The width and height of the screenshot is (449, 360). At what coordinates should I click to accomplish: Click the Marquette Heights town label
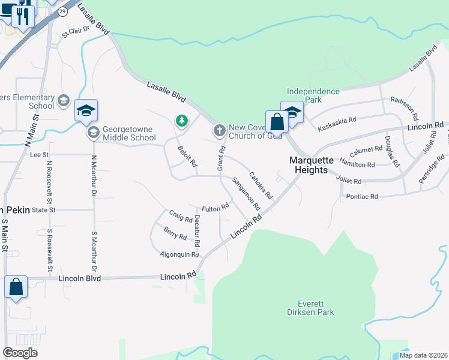[x=309, y=165]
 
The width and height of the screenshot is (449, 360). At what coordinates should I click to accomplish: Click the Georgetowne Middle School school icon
[x=93, y=132]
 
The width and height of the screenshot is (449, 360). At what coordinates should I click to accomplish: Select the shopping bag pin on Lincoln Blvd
[x=16, y=287]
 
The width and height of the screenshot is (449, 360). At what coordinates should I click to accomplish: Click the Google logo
[x=20, y=353]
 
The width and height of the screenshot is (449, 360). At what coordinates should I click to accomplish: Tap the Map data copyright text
[x=423, y=355]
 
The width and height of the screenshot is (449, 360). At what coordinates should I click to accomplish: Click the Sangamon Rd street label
[x=246, y=193]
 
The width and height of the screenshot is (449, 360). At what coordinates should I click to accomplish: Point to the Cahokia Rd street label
[x=261, y=185]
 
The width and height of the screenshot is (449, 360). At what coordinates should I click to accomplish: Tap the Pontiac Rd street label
[x=362, y=196]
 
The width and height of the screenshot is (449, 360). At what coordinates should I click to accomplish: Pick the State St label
[x=44, y=210]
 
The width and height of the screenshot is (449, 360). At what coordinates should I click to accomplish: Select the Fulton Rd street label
[x=215, y=208]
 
